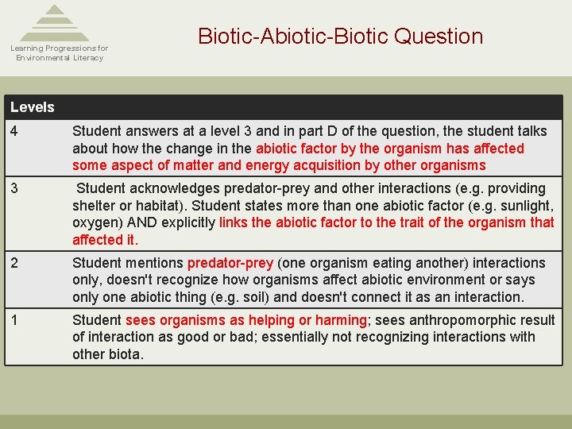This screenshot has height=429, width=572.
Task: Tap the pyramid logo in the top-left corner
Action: point(55,23)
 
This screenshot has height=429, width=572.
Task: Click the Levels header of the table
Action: point(33,107)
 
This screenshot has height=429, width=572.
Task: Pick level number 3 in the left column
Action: point(14,189)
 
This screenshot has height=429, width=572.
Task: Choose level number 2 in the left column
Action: point(14,263)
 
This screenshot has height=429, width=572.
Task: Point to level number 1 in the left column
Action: point(14,320)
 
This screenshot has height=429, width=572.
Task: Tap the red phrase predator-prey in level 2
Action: point(230,263)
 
